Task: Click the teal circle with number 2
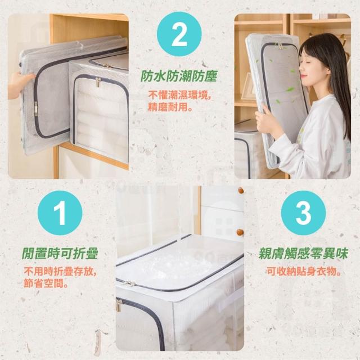click(179, 34)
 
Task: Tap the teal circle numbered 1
click(60, 213)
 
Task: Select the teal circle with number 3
click(304, 213)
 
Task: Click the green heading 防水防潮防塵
click(179, 76)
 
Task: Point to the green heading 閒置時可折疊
click(60, 254)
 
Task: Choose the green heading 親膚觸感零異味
click(304, 254)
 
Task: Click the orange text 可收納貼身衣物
click(304, 272)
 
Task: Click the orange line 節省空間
click(46, 283)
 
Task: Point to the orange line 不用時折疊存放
click(60, 272)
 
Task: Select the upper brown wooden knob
click(241, 190)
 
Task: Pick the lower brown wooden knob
click(240, 232)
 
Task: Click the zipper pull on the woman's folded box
click(280, 46)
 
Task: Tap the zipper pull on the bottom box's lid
click(129, 283)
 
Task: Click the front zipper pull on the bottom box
click(119, 305)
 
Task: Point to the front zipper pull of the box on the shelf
click(98, 82)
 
